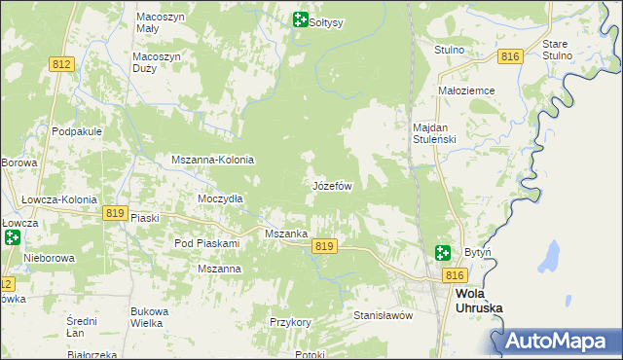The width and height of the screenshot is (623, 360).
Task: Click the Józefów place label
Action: pyautogui.click(x=331, y=185)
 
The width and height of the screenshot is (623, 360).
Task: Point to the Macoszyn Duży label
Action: pyautogui.click(x=157, y=63)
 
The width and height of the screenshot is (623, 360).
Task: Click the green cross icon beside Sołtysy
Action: pyautogui.click(x=300, y=19)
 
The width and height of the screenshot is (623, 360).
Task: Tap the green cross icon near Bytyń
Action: pyautogui.click(x=443, y=253)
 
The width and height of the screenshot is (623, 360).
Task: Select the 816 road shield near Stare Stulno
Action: pyautogui.click(x=510, y=57)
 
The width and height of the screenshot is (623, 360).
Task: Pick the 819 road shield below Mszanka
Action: pyautogui.click(x=325, y=247)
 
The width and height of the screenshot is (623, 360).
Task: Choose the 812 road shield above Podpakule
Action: pyautogui.click(x=61, y=64)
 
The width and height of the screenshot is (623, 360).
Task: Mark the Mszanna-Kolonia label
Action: pyautogui.click(x=212, y=160)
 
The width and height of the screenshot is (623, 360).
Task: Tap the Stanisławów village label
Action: pyautogui.click(x=384, y=315)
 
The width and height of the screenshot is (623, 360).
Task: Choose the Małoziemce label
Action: pyautogui.click(x=467, y=90)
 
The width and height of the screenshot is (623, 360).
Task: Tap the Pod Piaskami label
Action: pyautogui.click(x=206, y=242)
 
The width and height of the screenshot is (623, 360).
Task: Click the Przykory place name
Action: pyautogui.click(x=290, y=321)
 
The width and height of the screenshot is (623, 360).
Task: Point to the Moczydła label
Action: pyautogui.click(x=220, y=198)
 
